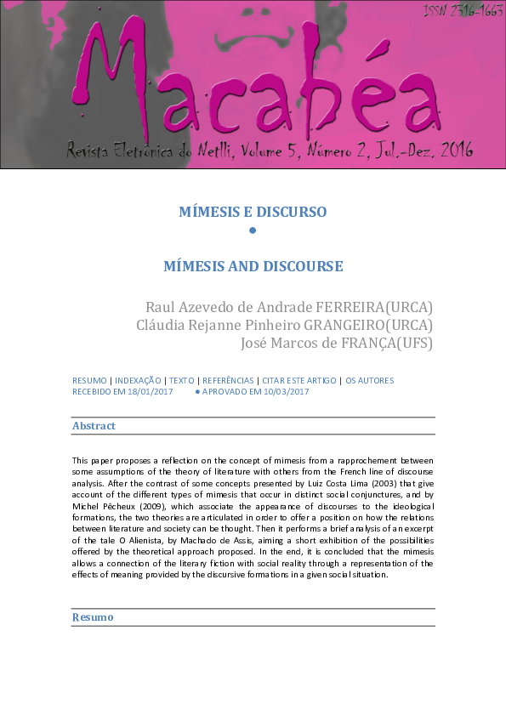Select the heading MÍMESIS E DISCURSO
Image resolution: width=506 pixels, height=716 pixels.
pyautogui.click(x=253, y=212)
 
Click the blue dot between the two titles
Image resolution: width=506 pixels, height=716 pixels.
pyautogui.click(x=253, y=230)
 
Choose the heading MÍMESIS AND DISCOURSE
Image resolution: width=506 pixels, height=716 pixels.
pyautogui.click(x=253, y=266)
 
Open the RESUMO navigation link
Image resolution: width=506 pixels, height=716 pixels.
pyautogui.click(x=89, y=380)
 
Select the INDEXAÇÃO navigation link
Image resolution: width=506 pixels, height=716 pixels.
pyautogui.click(x=138, y=380)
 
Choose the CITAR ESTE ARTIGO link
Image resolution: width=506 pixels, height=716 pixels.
pyautogui.click(x=297, y=380)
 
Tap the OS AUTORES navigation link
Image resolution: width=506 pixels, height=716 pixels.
pyautogui.click(x=369, y=380)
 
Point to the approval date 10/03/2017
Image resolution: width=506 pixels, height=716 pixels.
pyautogui.click(x=280, y=392)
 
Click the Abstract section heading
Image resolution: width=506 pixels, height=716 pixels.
pyautogui.click(x=94, y=426)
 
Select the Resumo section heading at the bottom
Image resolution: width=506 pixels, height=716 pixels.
pyautogui.click(x=93, y=617)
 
